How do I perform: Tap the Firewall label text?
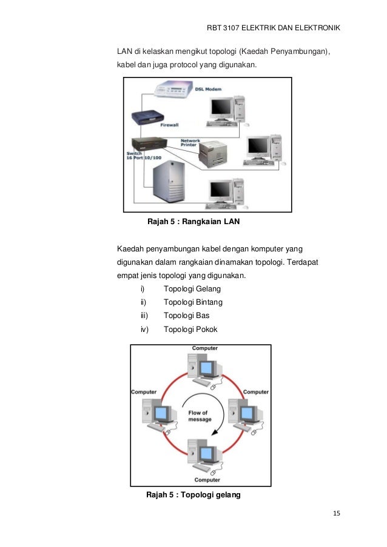tap(169, 125)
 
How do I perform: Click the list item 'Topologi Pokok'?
tap(190, 330)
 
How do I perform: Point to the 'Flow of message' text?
tap(198, 417)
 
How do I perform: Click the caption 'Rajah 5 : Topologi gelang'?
tap(193, 495)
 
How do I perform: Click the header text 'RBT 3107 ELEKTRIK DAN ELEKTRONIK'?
tap(273, 28)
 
